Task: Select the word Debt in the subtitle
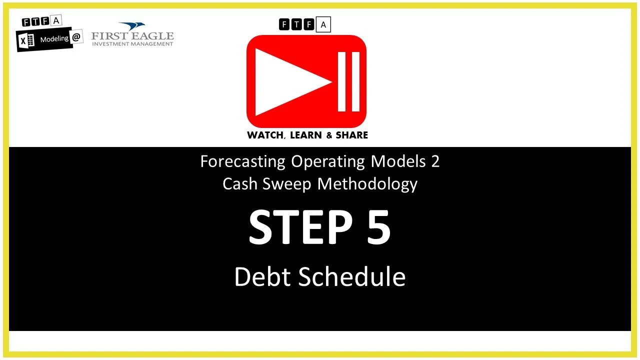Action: click(262, 276)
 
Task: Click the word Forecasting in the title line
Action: click(243, 161)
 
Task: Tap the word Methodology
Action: click(367, 183)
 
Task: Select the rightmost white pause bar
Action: click(355, 81)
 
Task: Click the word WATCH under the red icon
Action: click(265, 135)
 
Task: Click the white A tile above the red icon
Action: click(323, 24)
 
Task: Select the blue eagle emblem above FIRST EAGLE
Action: click(132, 26)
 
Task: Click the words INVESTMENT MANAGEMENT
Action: click(132, 44)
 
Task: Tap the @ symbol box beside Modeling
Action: click(76, 37)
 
